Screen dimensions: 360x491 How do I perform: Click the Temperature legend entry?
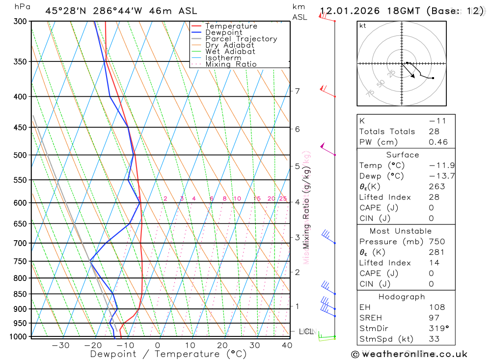click(x=231, y=26)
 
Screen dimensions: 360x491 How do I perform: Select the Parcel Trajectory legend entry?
click(x=241, y=39)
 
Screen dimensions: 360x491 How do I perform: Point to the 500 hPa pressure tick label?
click(x=20, y=155)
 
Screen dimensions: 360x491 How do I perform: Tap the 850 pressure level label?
click(x=20, y=294)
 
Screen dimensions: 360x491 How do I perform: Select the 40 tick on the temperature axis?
click(x=287, y=345)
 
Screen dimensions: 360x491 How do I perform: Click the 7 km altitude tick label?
click(x=297, y=91)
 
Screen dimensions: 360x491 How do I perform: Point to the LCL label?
click(x=306, y=332)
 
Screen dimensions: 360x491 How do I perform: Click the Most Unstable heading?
click(x=401, y=231)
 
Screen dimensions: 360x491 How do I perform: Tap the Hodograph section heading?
click(x=402, y=297)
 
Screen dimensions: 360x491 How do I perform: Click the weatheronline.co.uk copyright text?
click(x=409, y=354)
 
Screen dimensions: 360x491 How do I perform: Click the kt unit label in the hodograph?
click(x=363, y=26)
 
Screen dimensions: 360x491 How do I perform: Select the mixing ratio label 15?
click(x=257, y=198)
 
